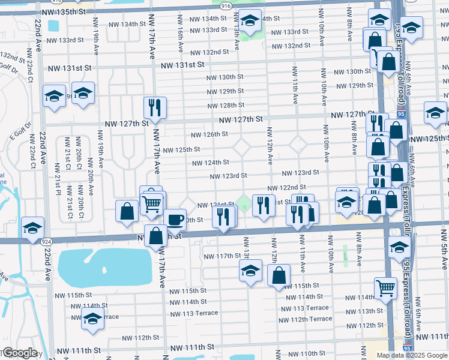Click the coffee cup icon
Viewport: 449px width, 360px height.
[x=175, y=219]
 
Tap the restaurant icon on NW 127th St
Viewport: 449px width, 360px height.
[x=155, y=107]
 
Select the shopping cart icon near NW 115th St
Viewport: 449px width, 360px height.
[x=385, y=287]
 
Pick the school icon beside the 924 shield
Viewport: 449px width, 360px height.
[x=33, y=227]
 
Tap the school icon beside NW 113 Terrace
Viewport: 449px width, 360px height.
[x=92, y=321]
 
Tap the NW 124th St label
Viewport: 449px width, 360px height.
[x=210, y=163]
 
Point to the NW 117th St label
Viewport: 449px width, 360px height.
[x=221, y=256]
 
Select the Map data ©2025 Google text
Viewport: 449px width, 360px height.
[x=412, y=355]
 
